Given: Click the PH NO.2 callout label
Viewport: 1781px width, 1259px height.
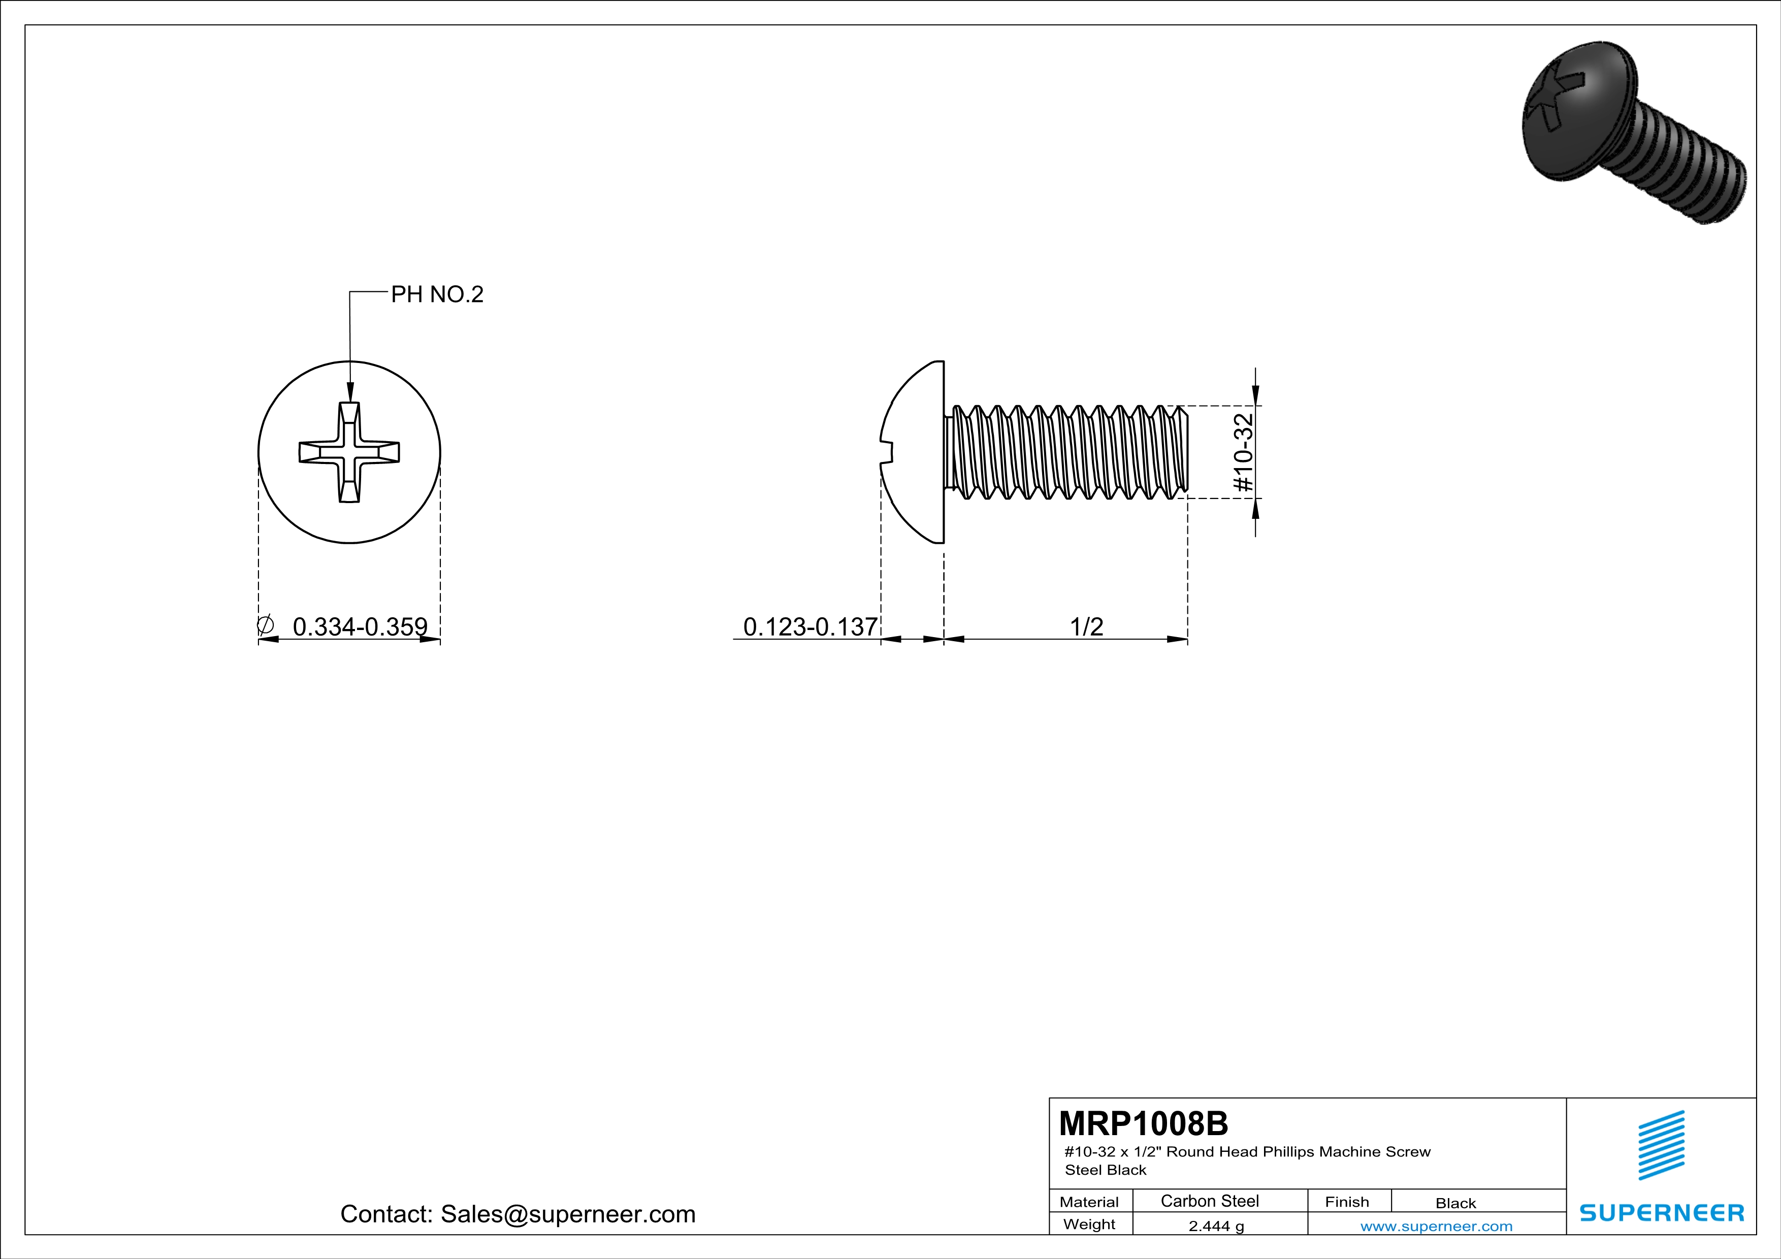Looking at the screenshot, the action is pos(437,294).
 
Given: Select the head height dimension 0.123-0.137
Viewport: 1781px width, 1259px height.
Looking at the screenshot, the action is pos(810,626).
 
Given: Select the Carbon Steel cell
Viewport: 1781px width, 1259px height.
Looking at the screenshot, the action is pos(1209,1201).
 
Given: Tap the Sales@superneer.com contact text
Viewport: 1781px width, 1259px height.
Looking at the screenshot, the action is pos(568,1213).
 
